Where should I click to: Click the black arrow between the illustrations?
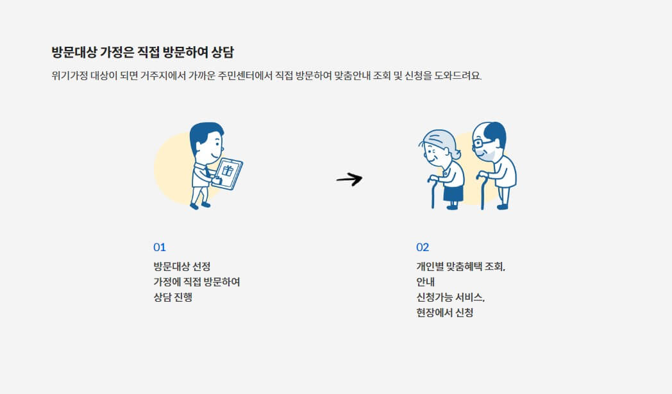point(349,179)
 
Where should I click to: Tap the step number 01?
point(160,247)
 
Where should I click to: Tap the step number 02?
point(423,247)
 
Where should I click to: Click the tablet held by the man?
point(228,173)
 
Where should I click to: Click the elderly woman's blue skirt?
point(453,192)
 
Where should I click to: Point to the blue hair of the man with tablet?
point(206,131)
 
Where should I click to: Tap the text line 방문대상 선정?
point(182,266)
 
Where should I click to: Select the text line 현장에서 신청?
point(444,313)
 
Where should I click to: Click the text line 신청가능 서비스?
point(451,297)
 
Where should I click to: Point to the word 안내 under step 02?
point(426,282)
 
